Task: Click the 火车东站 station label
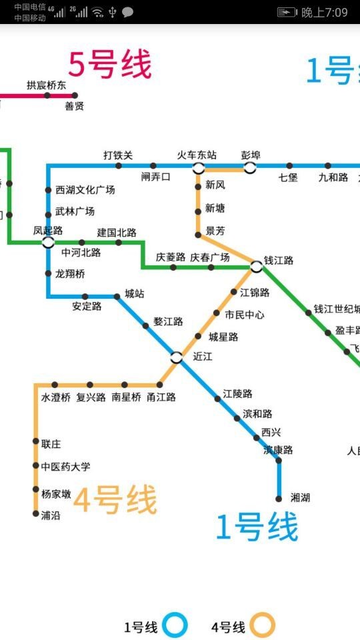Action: (197, 155)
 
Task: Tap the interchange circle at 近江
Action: (176, 357)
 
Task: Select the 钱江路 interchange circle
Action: (257, 267)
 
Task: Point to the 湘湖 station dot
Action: (279, 498)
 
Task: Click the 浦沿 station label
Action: (51, 515)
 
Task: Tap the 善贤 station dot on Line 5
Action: (75, 95)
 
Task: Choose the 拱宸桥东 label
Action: (47, 85)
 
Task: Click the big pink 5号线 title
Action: (110, 65)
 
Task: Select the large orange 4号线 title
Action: (115, 500)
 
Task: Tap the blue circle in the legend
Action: (176, 626)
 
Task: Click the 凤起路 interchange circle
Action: (48, 242)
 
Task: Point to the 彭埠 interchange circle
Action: (250, 167)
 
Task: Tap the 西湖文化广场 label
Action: (85, 190)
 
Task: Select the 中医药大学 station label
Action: (65, 467)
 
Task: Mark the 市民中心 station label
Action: (244, 315)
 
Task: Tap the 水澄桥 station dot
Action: (55, 385)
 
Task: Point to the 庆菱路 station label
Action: (171, 257)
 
